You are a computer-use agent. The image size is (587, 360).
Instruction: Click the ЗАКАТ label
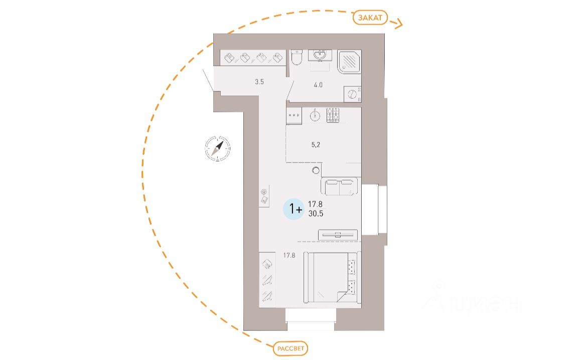(x=370, y=18)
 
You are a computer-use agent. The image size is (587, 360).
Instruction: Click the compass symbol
(x=218, y=148)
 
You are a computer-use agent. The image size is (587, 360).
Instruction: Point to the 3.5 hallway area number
(x=259, y=82)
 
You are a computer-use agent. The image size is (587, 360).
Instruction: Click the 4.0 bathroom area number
(x=318, y=85)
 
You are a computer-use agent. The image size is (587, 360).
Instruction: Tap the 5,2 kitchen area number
(x=316, y=145)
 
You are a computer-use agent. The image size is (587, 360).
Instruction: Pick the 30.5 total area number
(x=316, y=213)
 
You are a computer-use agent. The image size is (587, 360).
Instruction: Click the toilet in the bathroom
(x=296, y=58)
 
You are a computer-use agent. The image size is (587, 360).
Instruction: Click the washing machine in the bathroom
(x=353, y=94)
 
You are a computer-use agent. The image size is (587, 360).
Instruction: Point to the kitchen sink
(x=315, y=115)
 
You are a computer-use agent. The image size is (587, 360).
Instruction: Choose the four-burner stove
(x=334, y=115)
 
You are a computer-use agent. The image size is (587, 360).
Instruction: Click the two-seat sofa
(x=340, y=187)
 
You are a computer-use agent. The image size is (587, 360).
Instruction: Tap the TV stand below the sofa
(x=338, y=235)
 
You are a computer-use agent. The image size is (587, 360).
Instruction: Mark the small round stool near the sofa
(x=316, y=171)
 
